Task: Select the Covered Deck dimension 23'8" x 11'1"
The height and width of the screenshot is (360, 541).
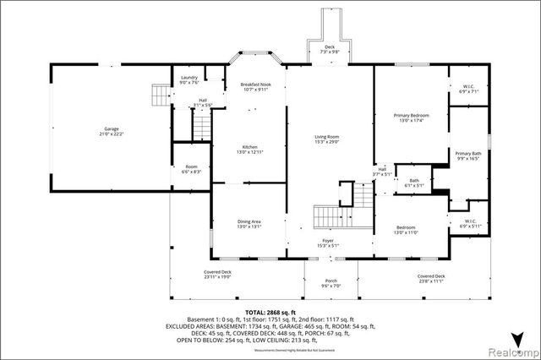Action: coord(430,280)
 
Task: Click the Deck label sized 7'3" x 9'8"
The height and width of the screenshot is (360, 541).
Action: coord(330,49)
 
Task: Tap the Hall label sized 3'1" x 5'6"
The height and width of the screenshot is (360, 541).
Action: coord(203,102)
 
